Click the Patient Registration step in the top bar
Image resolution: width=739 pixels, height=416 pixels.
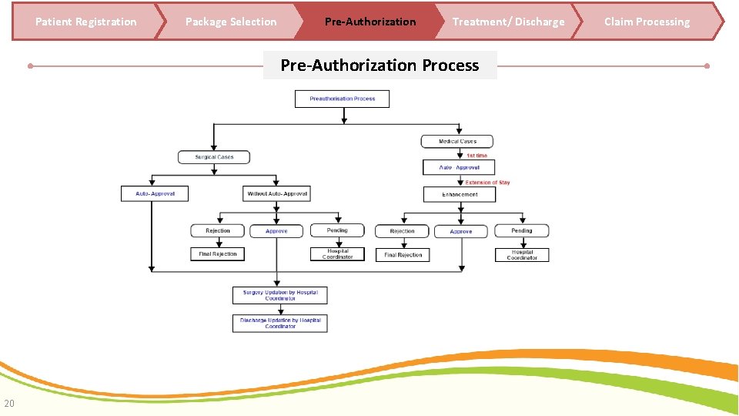(x=85, y=22)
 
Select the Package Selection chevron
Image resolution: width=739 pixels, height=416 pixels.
(x=231, y=22)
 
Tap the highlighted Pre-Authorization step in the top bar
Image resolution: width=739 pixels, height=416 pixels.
(x=369, y=22)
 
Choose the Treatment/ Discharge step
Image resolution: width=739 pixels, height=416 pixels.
(x=508, y=22)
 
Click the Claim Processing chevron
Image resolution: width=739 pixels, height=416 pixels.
(x=647, y=22)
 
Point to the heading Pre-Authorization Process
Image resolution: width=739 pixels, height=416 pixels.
(x=380, y=65)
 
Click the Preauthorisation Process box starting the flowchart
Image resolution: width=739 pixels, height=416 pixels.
(x=343, y=99)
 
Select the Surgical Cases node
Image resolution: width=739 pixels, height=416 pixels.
(x=214, y=157)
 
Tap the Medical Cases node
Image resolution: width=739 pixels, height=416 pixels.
(x=457, y=142)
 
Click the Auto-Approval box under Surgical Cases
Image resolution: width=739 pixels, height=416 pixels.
(x=155, y=193)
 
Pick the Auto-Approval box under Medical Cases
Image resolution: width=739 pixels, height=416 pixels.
(x=459, y=167)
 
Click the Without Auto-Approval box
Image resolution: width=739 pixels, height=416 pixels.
(x=276, y=193)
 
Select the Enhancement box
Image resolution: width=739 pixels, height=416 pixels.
(x=460, y=194)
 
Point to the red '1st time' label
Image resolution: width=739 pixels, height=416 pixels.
(x=477, y=156)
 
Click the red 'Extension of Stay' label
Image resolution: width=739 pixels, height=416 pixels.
(x=487, y=183)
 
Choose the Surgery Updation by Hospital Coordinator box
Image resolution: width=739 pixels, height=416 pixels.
(x=280, y=295)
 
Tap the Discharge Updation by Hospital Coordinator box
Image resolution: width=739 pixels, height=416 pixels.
(x=280, y=323)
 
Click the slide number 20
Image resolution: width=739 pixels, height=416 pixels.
(x=8, y=403)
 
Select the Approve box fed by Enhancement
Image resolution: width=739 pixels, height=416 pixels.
(x=460, y=231)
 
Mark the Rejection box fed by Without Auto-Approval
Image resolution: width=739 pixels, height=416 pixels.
(x=218, y=230)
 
